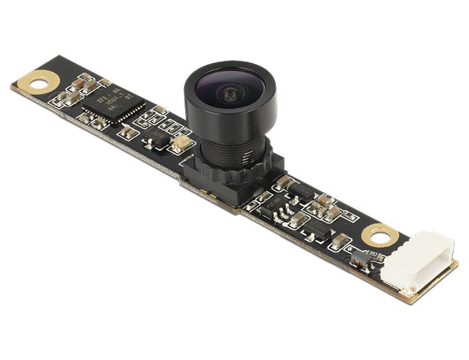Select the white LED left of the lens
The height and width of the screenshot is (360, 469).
pos(179,142)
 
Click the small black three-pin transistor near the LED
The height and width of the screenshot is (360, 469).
pos(157,141)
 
